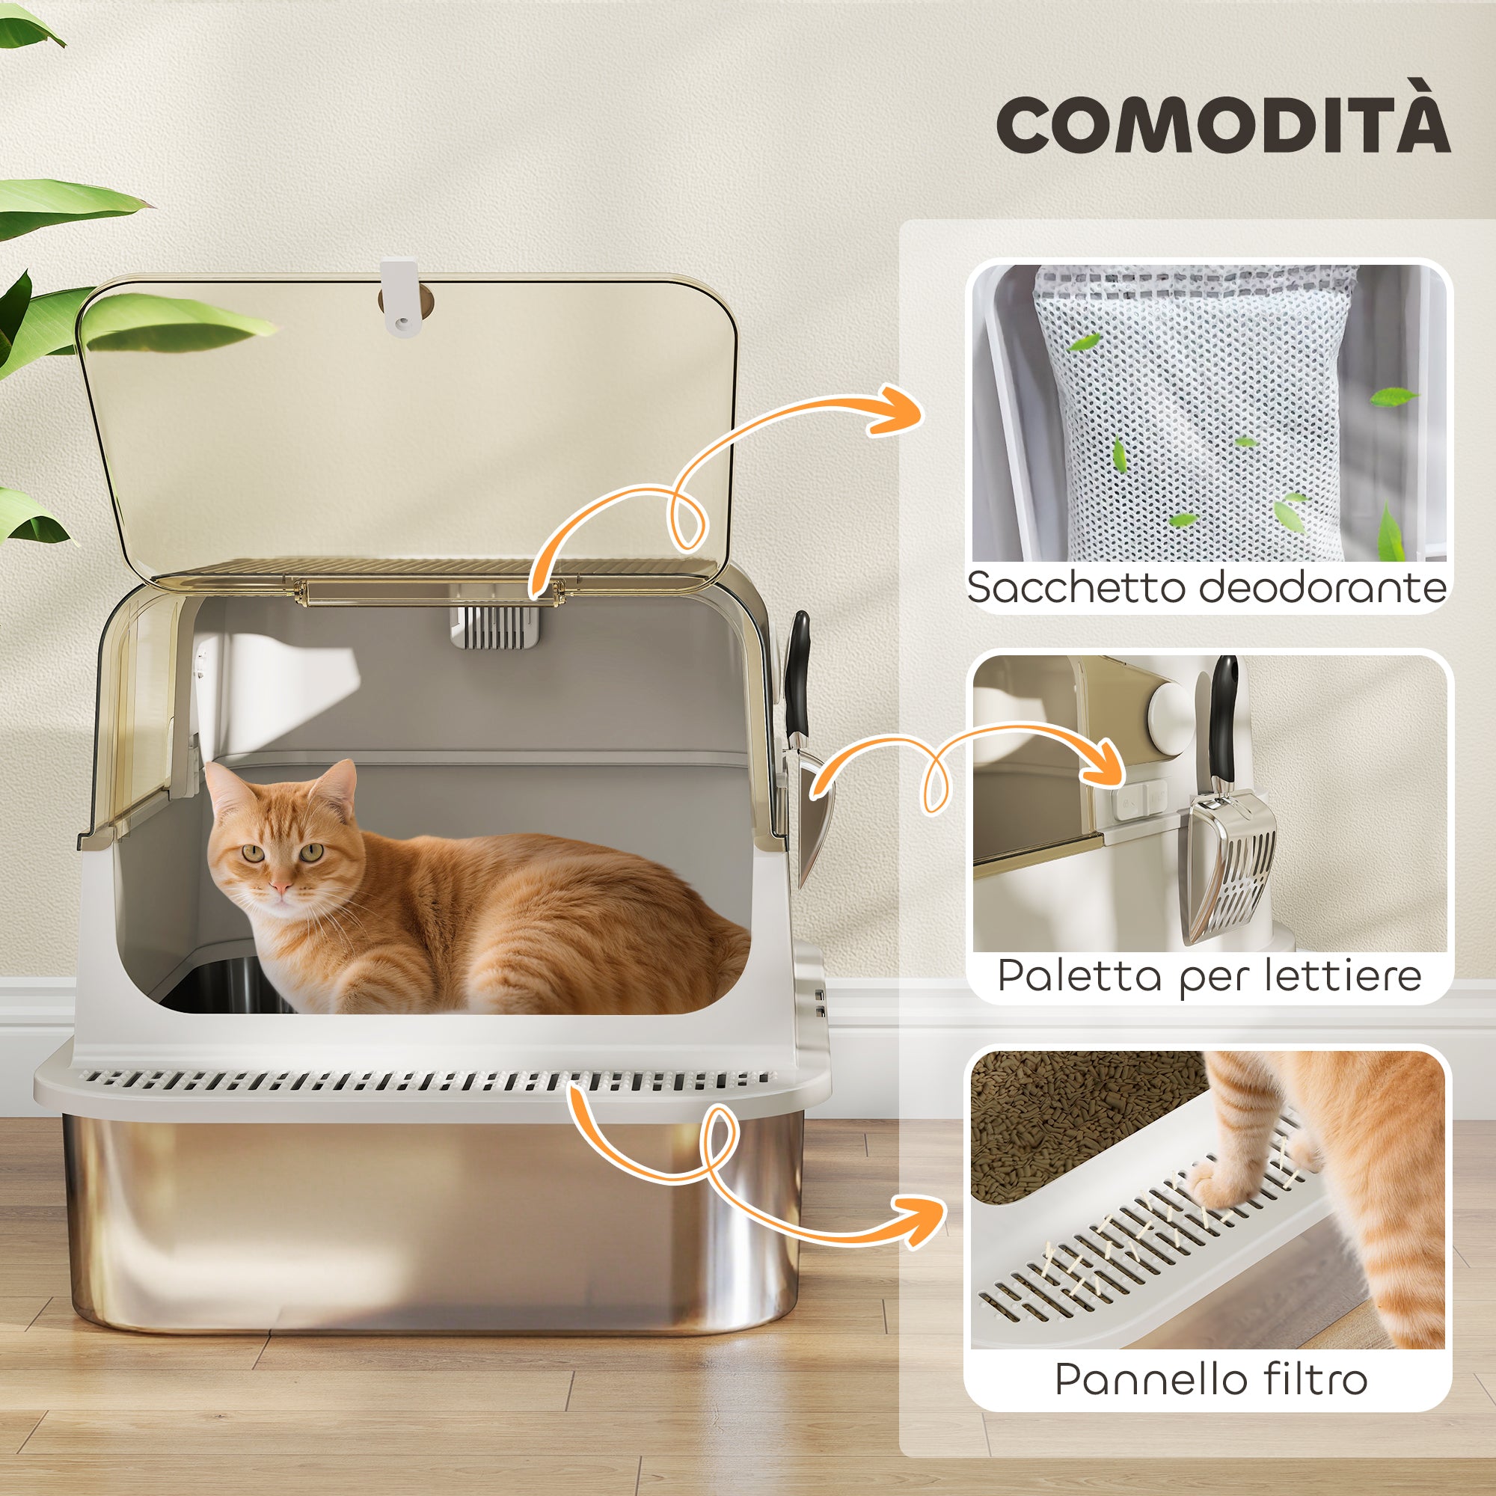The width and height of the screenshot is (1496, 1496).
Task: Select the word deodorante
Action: click(1322, 587)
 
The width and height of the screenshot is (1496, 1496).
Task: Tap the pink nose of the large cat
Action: click(281, 886)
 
